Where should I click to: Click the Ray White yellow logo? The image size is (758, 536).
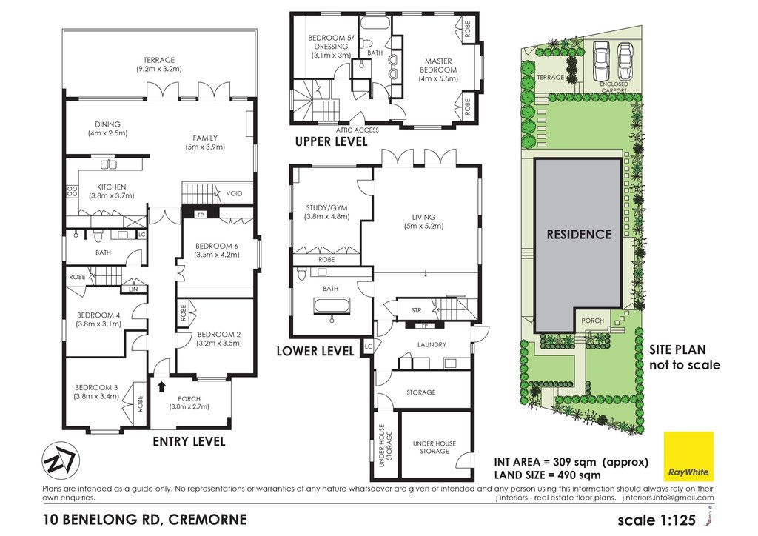tap(688, 456)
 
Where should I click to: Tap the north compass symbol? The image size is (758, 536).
tap(58, 459)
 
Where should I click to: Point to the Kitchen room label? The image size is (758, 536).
tap(112, 187)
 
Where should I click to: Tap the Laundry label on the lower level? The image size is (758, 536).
tap(432, 344)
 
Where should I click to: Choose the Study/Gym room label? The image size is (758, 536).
tap(326, 208)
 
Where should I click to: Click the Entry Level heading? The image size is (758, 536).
tap(189, 441)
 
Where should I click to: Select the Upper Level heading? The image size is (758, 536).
tap(331, 141)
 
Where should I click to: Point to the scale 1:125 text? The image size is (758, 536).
tap(657, 520)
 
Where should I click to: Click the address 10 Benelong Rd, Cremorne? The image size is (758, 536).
tap(145, 520)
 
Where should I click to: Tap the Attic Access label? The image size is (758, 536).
tap(358, 130)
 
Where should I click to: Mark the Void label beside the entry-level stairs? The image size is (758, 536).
tap(234, 194)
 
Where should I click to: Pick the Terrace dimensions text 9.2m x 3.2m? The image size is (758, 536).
tap(158, 69)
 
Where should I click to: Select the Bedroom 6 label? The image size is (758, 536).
tap(217, 246)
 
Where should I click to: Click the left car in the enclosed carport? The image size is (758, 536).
tap(601, 61)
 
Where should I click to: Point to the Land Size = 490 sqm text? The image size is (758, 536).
tap(547, 475)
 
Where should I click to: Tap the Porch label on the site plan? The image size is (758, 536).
tap(593, 321)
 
